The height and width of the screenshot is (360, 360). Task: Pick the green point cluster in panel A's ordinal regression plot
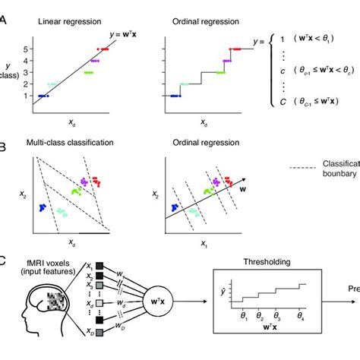pos(219,72)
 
